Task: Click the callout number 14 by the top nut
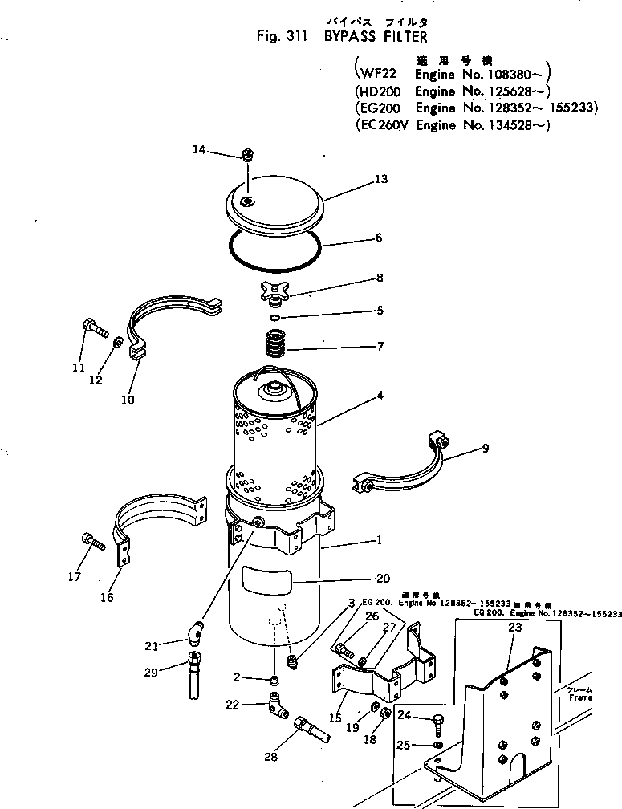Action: [x=199, y=149]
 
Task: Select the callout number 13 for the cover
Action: [x=381, y=179]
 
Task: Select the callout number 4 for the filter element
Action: [x=380, y=395]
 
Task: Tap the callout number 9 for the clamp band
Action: [x=485, y=449]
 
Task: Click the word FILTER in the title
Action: [x=394, y=37]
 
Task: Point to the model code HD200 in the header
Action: [x=380, y=91]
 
